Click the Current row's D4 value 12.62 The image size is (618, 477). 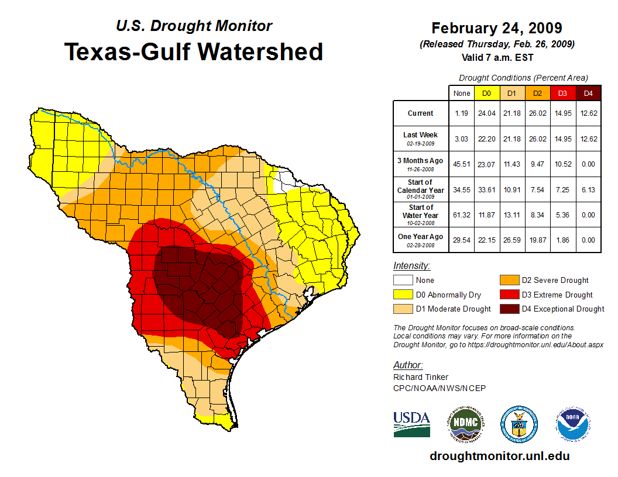coord(588,113)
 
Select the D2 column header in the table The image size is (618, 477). coord(538,94)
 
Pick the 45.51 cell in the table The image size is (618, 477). coord(462,164)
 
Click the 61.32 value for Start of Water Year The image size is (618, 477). coord(462,215)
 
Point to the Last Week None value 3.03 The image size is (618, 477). coord(462,139)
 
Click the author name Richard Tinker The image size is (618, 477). coord(421,377)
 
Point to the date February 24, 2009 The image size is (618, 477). coord(497,28)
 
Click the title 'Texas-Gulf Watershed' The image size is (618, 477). coord(194,51)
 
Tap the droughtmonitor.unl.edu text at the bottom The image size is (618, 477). coord(499,456)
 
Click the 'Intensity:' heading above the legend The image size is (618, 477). coord(411,266)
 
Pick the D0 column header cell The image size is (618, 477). coord(486,94)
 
